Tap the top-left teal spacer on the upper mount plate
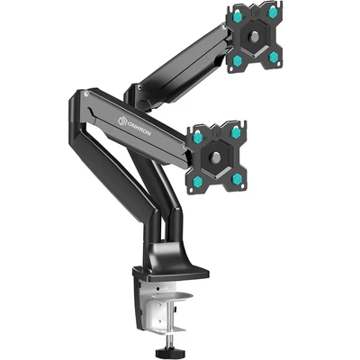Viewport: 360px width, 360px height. (x=237, y=14)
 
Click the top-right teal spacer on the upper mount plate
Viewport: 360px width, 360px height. (x=273, y=13)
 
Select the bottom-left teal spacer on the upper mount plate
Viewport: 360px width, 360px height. (x=238, y=60)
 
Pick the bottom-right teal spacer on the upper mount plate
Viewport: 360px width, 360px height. (x=274, y=57)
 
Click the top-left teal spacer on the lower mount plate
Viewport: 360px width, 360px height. (x=198, y=138)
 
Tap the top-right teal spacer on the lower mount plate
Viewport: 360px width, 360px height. (x=236, y=132)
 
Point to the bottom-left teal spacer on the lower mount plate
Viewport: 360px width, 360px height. (x=198, y=181)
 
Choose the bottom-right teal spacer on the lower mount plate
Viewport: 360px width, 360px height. (x=237, y=179)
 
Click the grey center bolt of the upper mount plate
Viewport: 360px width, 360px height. (x=254, y=37)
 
